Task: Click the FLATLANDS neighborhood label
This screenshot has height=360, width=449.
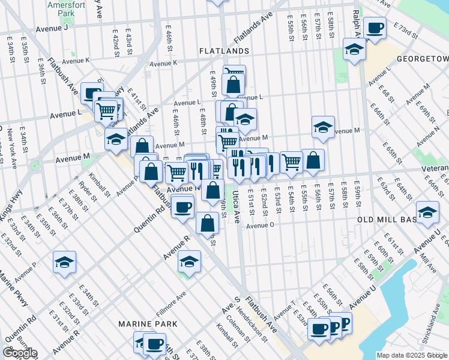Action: tap(224, 52)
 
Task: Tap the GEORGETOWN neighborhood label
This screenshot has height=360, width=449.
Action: tap(423, 59)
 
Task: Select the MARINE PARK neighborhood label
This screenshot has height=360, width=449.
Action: tap(147, 324)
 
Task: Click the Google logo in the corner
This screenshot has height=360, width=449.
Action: tap(19, 353)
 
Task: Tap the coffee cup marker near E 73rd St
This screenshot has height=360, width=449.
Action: tap(375, 28)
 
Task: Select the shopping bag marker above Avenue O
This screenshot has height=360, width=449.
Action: tap(207, 223)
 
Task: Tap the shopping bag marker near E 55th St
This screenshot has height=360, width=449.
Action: tap(313, 160)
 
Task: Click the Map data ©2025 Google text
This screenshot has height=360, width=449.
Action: tap(412, 355)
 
